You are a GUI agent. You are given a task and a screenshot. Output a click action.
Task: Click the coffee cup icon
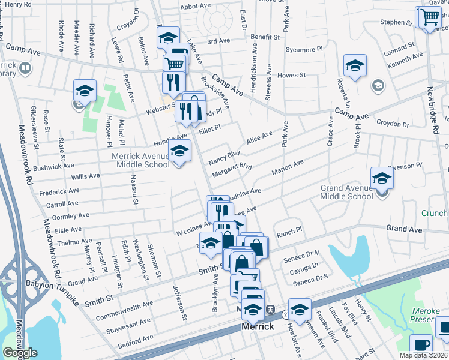pos(421,345)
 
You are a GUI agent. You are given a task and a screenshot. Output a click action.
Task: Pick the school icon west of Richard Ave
pos(85,91)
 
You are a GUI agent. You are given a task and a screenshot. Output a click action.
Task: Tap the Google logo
pos(20,353)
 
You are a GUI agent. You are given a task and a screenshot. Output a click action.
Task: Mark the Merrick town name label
pos(258,327)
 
